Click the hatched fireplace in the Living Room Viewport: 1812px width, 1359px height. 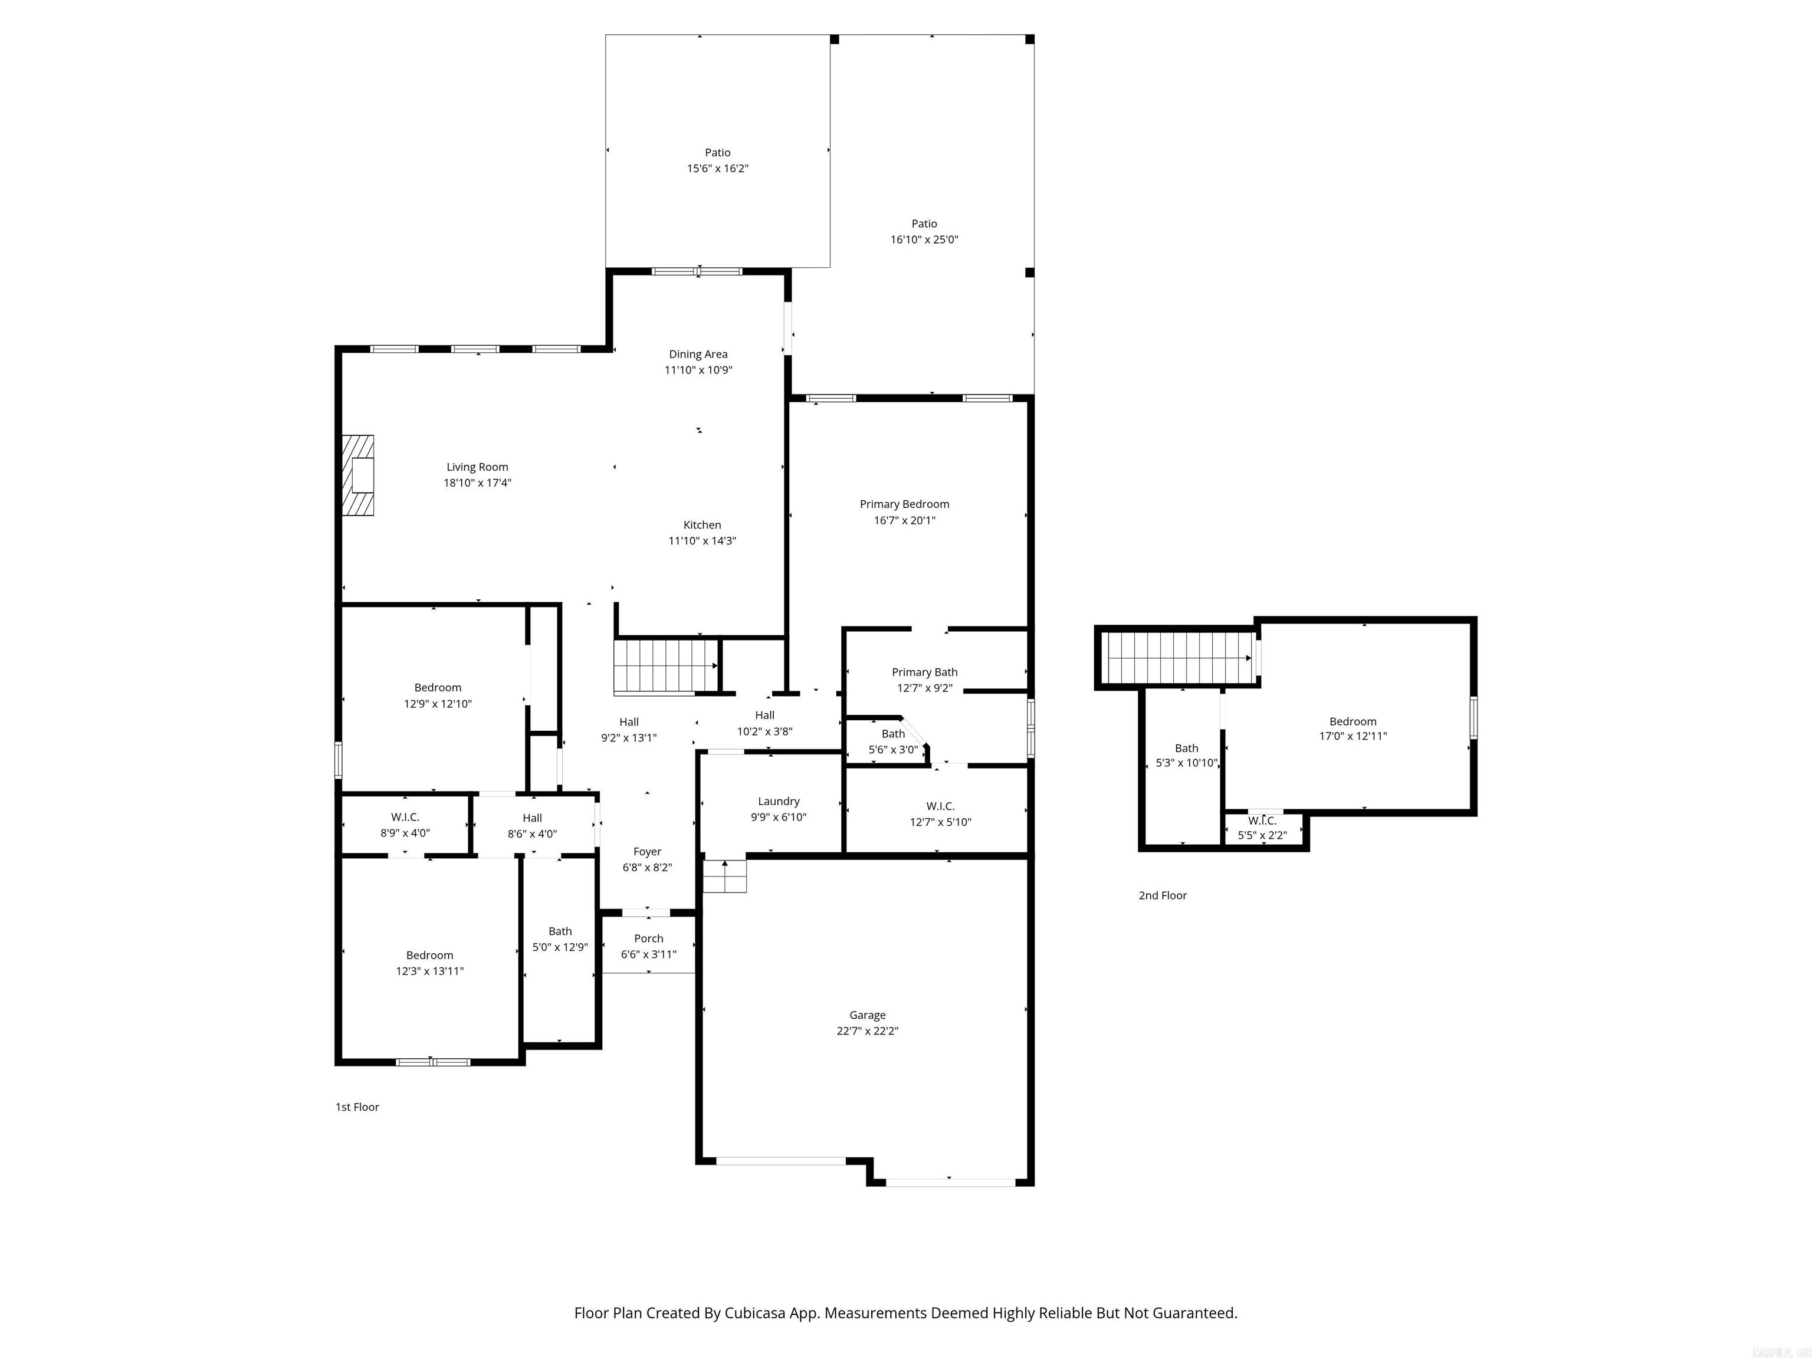tap(358, 475)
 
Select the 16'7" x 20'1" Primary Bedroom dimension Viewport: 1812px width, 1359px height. tap(904, 520)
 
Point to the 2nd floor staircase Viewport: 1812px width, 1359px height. tap(1176, 657)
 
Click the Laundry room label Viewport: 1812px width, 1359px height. tap(778, 801)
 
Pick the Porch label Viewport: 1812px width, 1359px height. tap(648, 939)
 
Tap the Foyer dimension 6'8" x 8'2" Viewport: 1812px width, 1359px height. tap(647, 868)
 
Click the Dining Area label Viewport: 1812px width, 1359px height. tap(698, 354)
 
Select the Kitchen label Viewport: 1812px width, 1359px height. tap(702, 525)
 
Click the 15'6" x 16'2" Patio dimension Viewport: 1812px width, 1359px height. tap(718, 169)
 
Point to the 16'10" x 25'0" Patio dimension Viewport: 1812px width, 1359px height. tap(924, 240)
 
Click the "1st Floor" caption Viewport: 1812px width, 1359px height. tap(357, 1107)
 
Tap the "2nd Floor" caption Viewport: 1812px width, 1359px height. tap(1163, 895)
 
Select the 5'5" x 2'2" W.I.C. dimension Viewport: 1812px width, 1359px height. tap(1262, 836)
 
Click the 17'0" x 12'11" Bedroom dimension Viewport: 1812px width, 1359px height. tap(1353, 736)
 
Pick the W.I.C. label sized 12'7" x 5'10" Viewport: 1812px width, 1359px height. tap(940, 806)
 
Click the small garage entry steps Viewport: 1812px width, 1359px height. tap(725, 876)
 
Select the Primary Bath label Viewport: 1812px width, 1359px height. tap(924, 672)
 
